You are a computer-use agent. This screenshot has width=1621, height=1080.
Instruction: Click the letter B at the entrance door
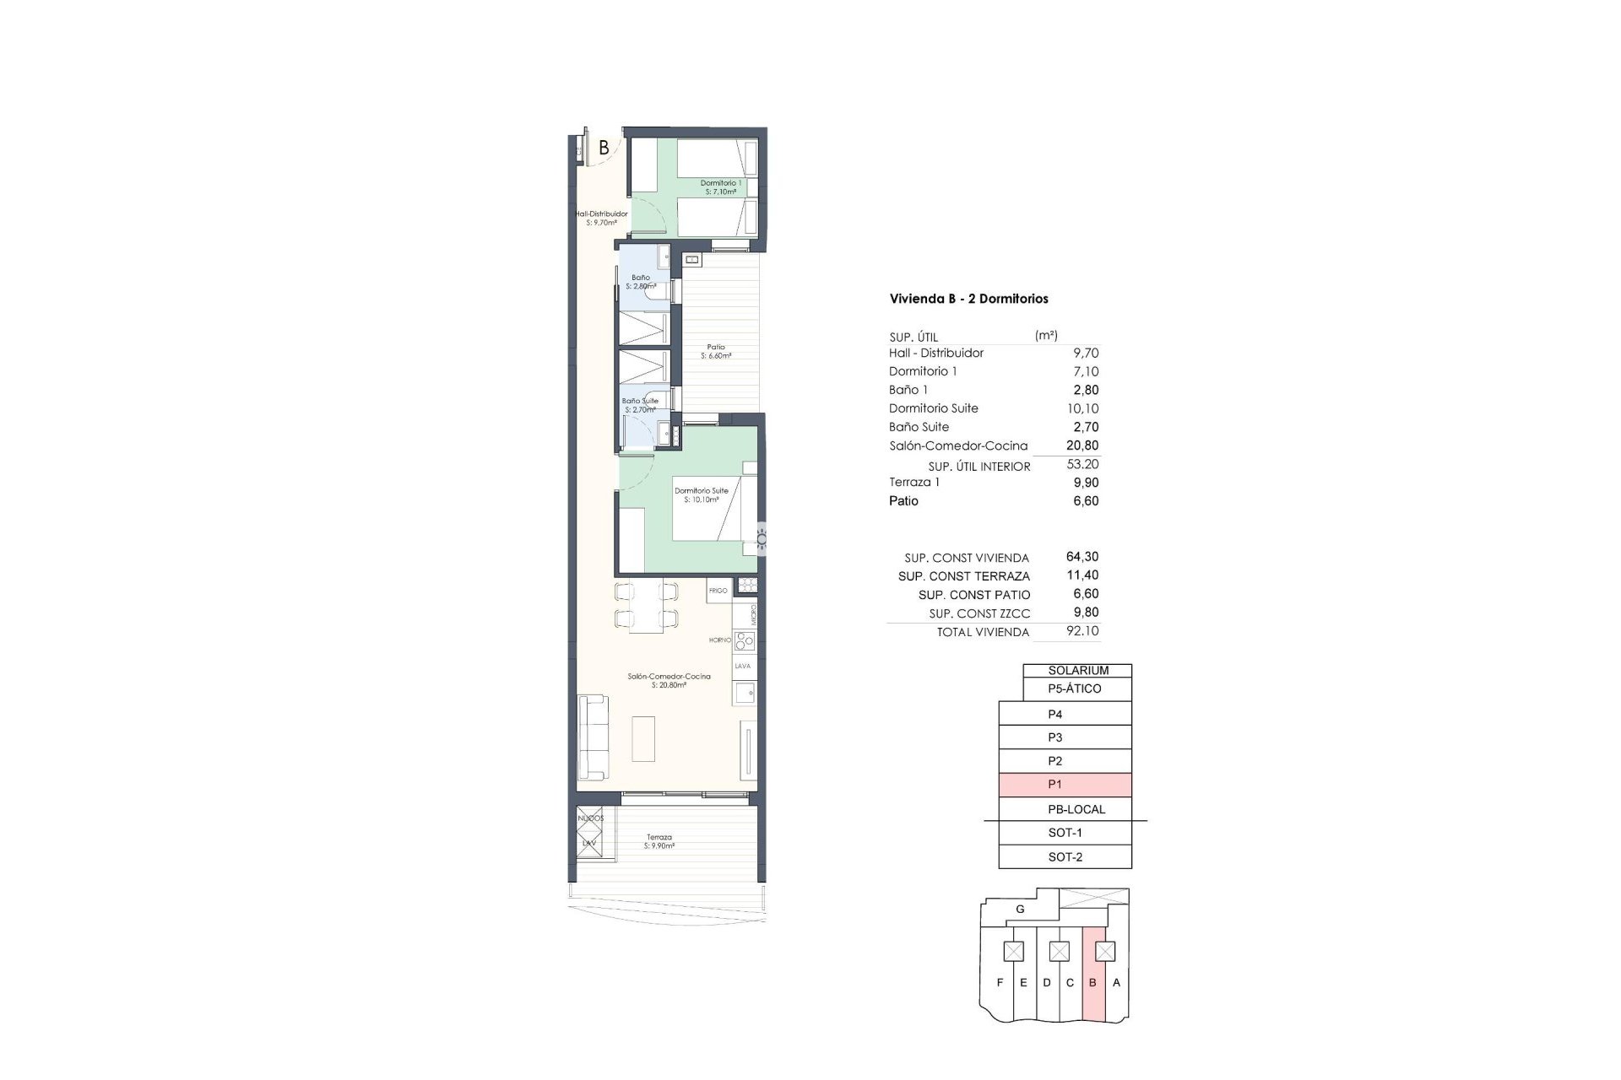(x=604, y=148)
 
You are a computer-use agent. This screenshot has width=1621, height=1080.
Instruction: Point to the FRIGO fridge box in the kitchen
(x=718, y=590)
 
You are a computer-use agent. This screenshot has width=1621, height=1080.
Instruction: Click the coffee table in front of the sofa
(x=643, y=739)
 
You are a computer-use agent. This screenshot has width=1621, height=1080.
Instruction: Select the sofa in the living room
(x=591, y=738)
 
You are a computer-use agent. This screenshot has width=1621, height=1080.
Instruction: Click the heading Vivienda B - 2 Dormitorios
(x=968, y=299)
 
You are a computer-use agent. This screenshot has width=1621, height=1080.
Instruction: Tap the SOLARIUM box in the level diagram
(x=1077, y=671)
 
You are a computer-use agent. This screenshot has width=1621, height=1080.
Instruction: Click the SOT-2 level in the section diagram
(x=1065, y=857)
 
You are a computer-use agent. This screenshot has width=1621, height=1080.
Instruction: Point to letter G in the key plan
(x=1020, y=910)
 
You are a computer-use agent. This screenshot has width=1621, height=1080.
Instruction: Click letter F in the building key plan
(x=1000, y=983)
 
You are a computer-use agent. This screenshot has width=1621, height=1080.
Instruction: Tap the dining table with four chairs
(x=647, y=604)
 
